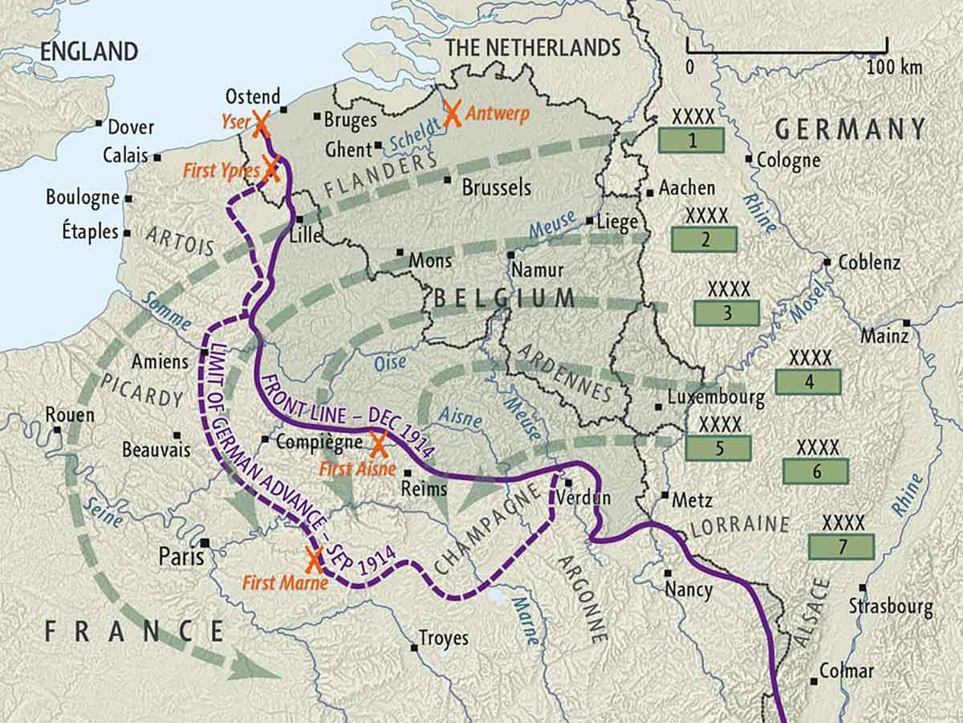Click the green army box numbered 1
[x=691, y=141]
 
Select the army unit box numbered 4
[x=808, y=382]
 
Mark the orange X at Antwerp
[x=453, y=114]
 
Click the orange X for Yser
[x=261, y=122]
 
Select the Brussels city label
[x=496, y=187]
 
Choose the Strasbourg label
[x=891, y=607]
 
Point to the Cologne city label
[x=790, y=161]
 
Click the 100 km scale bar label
[x=894, y=67]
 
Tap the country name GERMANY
[x=850, y=129]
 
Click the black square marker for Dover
[x=99, y=123]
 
